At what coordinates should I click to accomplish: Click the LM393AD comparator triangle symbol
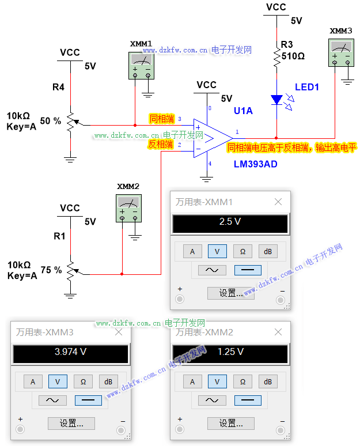click(211, 137)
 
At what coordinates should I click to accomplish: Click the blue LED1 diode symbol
click(277, 99)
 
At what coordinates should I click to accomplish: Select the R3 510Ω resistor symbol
click(277, 56)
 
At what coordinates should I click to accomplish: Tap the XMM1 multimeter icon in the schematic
click(141, 65)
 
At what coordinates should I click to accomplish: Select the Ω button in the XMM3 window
click(83, 381)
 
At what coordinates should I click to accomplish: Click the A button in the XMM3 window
click(33, 381)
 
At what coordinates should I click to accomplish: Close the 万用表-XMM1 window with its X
click(278, 202)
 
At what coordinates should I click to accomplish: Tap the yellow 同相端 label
click(161, 119)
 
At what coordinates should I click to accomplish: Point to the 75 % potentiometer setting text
click(51, 270)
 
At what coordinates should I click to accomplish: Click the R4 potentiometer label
click(59, 88)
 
